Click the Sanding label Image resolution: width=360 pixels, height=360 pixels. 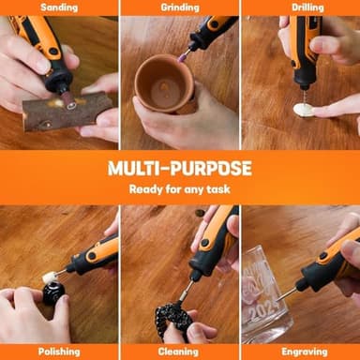pyautogui.click(x=58, y=7)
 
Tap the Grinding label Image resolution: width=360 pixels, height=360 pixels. pyautogui.click(x=179, y=7)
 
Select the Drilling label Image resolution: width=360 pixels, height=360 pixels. pyautogui.click(x=300, y=7)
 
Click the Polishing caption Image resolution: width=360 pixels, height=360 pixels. pyautogui.click(x=58, y=351)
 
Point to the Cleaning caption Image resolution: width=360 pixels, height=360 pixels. pyautogui.click(x=179, y=351)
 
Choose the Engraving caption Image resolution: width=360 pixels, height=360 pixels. pyautogui.click(x=300, y=351)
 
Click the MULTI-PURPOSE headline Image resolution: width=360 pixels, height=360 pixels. pyautogui.click(x=179, y=168)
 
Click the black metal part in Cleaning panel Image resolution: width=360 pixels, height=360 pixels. pyautogui.click(x=172, y=319)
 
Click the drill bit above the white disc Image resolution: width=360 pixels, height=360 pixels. pyautogui.click(x=302, y=92)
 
